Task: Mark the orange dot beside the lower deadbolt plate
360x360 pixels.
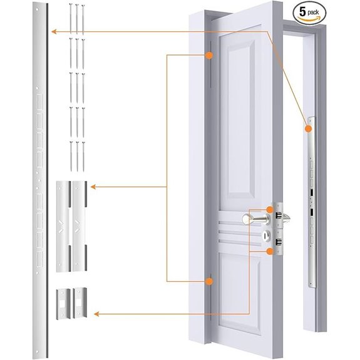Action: pos(270,251)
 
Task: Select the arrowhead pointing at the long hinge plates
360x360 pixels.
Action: pos(93,187)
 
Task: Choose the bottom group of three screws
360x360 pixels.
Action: pos(77,155)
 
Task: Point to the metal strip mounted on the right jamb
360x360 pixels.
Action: pos(311,200)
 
